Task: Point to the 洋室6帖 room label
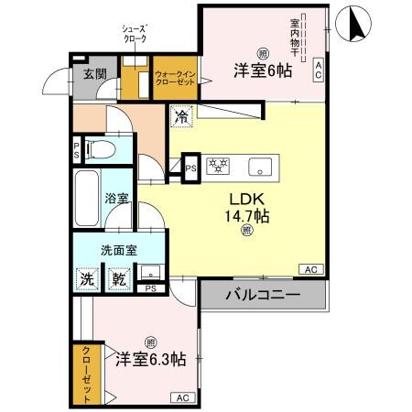pyautogui.click(x=262, y=70)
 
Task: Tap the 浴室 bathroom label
pyautogui.click(x=115, y=197)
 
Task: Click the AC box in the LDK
pyautogui.click(x=309, y=269)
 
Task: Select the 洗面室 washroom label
pyautogui.click(x=119, y=250)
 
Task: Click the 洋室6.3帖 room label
pyautogui.click(x=150, y=359)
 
